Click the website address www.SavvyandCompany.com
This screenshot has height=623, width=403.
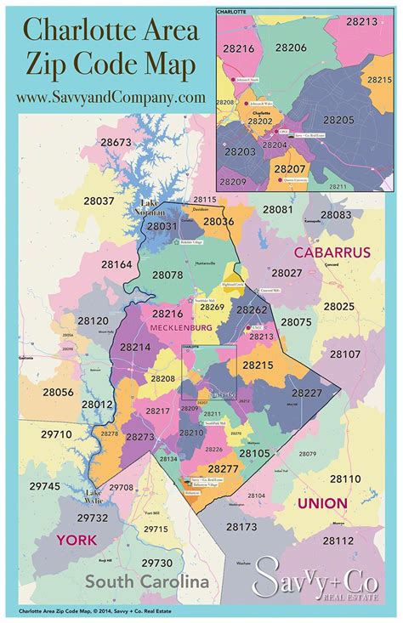pyautogui.click(x=110, y=97)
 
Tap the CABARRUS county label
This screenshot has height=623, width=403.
pyautogui.click(x=332, y=252)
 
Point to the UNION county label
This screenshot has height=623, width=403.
pyautogui.click(x=321, y=503)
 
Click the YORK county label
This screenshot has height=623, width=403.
pyautogui.click(x=77, y=540)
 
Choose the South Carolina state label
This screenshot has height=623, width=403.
pyautogui.click(x=145, y=582)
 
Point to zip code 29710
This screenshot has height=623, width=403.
pyautogui.click(x=56, y=433)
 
